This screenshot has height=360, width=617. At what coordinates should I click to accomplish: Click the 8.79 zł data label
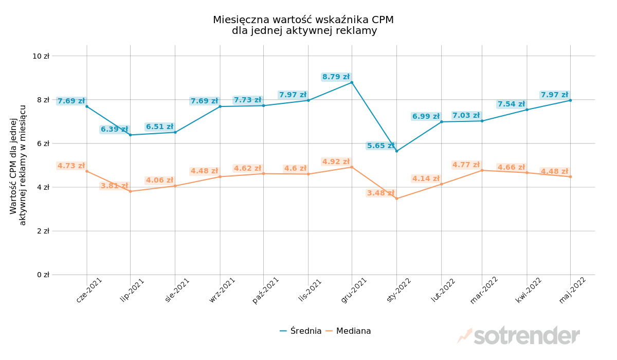coord(336,77)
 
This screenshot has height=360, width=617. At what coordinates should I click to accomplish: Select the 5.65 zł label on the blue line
coord(380,146)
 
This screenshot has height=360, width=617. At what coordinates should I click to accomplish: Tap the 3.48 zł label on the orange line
coord(380,193)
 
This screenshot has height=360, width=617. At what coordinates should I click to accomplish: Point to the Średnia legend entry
coord(301,331)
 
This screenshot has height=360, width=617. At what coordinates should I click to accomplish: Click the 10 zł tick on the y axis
coord(41,56)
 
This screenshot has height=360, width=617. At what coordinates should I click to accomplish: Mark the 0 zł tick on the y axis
coord(43,275)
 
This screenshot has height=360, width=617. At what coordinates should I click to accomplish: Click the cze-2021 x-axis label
coord(89,290)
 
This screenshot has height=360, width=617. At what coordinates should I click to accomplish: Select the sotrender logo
coord(519,336)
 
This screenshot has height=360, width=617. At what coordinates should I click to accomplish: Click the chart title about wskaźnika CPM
coord(303,25)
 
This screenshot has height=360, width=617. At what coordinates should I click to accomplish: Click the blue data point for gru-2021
coord(352,82)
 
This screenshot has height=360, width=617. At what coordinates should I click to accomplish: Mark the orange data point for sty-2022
coord(396,199)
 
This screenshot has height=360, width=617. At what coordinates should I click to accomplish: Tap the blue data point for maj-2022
coord(570,100)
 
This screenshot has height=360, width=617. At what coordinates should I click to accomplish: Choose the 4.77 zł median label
coord(466,165)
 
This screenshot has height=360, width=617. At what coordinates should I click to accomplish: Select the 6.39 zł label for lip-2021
coord(114,130)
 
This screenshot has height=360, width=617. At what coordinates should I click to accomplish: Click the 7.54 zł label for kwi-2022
coord(511,104)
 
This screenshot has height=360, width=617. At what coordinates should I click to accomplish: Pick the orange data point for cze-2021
coord(87,171)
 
